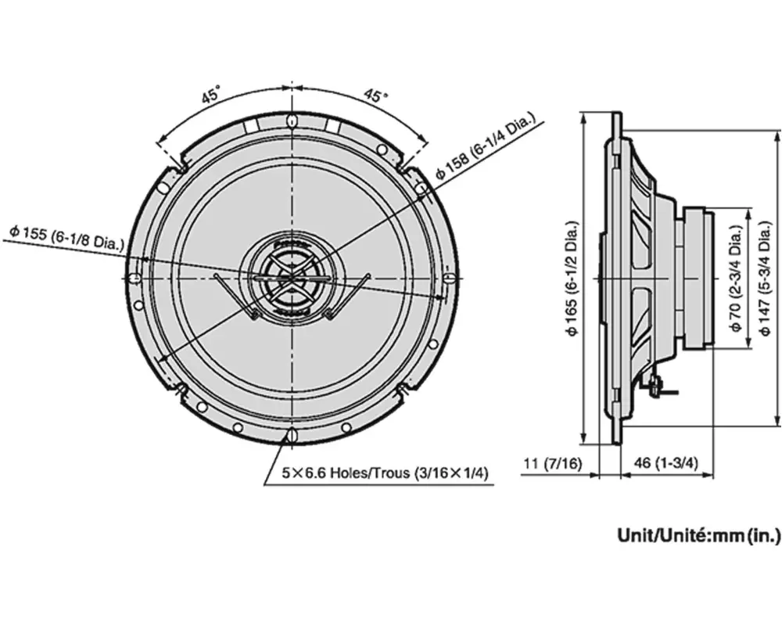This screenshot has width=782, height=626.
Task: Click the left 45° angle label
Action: pos(210,97)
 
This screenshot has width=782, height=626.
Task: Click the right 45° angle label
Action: pos(375,96)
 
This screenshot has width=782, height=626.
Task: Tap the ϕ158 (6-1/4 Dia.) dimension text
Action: pos(486,148)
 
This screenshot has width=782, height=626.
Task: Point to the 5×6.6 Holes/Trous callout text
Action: pos(385,473)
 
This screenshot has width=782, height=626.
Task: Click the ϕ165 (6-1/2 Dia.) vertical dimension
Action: pos(573,278)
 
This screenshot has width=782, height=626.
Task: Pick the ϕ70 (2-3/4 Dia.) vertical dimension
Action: pos(735,278)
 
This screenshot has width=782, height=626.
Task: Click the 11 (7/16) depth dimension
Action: pos(552,464)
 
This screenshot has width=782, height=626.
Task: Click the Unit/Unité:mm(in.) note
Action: pos(699,536)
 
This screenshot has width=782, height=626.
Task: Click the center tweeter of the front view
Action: pos(291,278)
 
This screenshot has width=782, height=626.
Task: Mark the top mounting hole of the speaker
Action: pos(292,122)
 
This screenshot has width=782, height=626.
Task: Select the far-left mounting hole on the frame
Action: pos(135,278)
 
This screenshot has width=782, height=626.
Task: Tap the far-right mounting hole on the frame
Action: pos(447,278)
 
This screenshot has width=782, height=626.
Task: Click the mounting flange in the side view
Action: pos(617,278)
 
